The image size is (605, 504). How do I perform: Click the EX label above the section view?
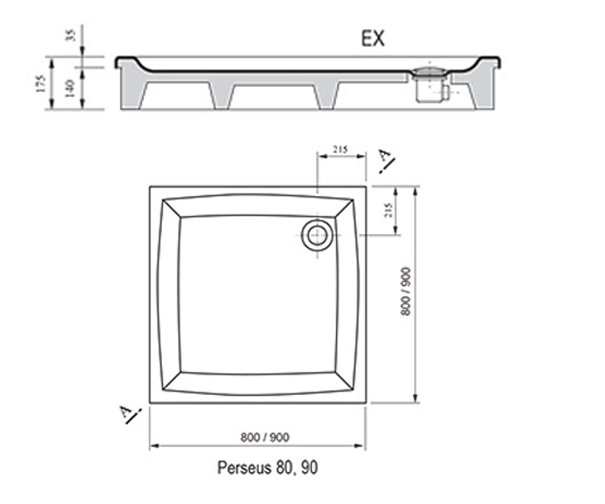373,39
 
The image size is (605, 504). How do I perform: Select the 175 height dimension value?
41,84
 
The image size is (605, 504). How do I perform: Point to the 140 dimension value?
70,89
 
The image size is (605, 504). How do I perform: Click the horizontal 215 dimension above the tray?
340,150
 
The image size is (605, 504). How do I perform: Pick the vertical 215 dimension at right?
388,210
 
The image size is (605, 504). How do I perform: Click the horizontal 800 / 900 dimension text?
265,437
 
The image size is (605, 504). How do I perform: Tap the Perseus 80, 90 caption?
267,467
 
